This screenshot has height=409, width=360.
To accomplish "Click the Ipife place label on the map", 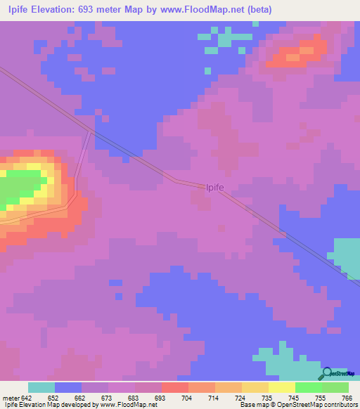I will (214, 187).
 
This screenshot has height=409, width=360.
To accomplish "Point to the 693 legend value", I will (161, 398).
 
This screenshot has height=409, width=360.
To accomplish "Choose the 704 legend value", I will (188, 398).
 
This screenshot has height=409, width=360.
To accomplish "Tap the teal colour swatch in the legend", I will (41, 387).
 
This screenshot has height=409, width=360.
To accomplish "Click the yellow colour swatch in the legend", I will (281, 387).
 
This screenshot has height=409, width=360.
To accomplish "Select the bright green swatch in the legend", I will (308, 387).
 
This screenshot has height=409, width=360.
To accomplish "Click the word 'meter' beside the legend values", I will (11, 398).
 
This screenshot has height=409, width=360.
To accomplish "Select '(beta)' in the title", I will (257, 10).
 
